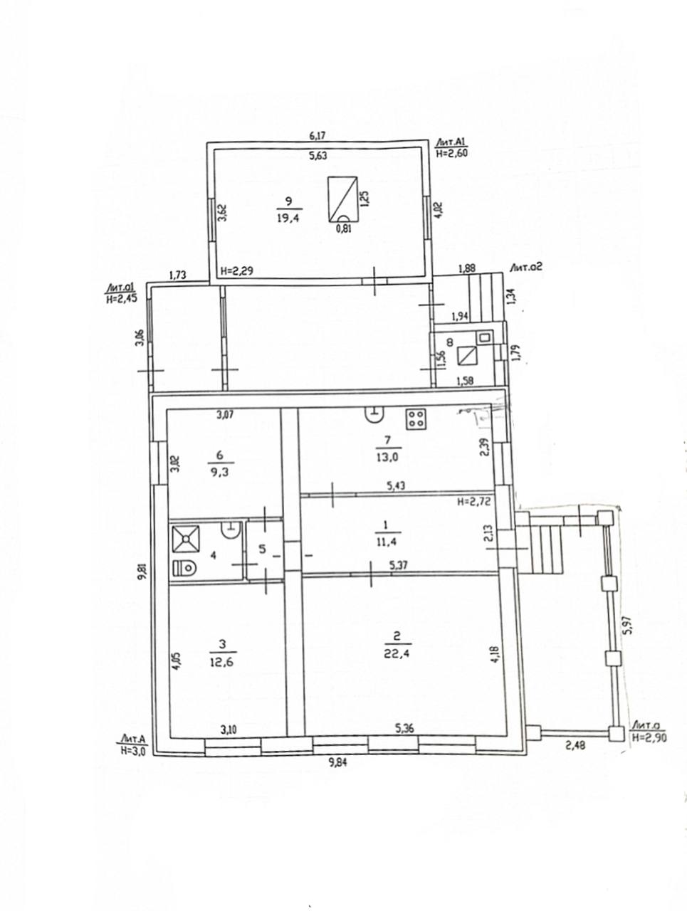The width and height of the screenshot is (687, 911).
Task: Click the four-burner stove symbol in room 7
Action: pyautogui.click(x=416, y=418)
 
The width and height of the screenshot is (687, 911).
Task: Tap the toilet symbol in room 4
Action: pyautogui.click(x=184, y=567)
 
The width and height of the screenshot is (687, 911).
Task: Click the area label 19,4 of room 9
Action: pyautogui.click(x=288, y=218)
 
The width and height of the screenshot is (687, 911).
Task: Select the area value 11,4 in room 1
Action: pyautogui.click(x=387, y=542)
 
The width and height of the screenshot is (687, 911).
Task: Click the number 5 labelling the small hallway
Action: pyautogui.click(x=263, y=549)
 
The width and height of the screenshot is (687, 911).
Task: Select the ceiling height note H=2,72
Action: pyautogui.click(x=473, y=501)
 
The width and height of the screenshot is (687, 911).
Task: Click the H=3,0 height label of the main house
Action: pyautogui.click(x=132, y=752)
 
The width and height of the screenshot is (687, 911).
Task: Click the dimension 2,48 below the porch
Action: pyautogui.click(x=575, y=745)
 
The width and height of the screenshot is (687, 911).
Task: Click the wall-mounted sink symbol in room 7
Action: pyautogui.click(x=375, y=414)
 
